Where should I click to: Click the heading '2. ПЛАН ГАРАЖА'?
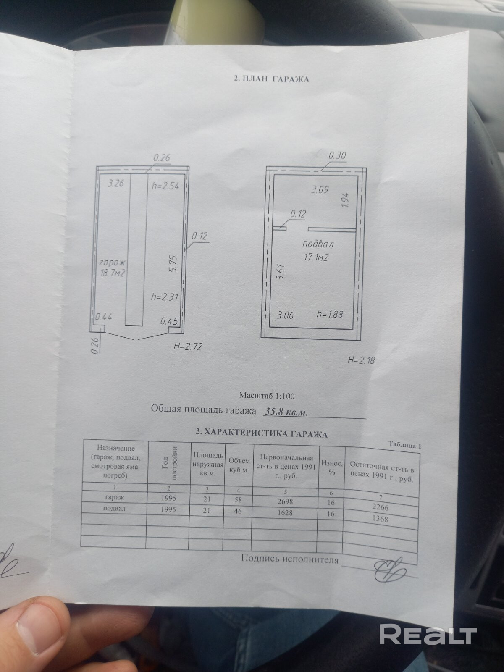(271, 78)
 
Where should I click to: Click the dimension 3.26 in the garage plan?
(115, 183)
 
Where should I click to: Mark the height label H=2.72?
(188, 347)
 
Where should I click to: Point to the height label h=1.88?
(330, 315)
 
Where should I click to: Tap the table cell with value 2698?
(287, 501)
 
